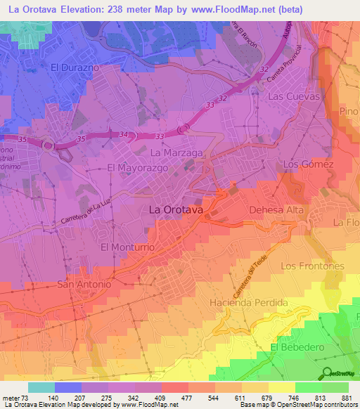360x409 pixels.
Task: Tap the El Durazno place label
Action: (75, 67)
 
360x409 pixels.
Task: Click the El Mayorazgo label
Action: (135, 168)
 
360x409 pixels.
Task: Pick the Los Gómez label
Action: (307, 164)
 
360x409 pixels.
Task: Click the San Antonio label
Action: (84, 285)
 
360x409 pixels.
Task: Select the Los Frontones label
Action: (312, 266)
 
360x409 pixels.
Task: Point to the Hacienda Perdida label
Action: (249, 302)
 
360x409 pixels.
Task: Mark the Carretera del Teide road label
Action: (240, 276)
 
